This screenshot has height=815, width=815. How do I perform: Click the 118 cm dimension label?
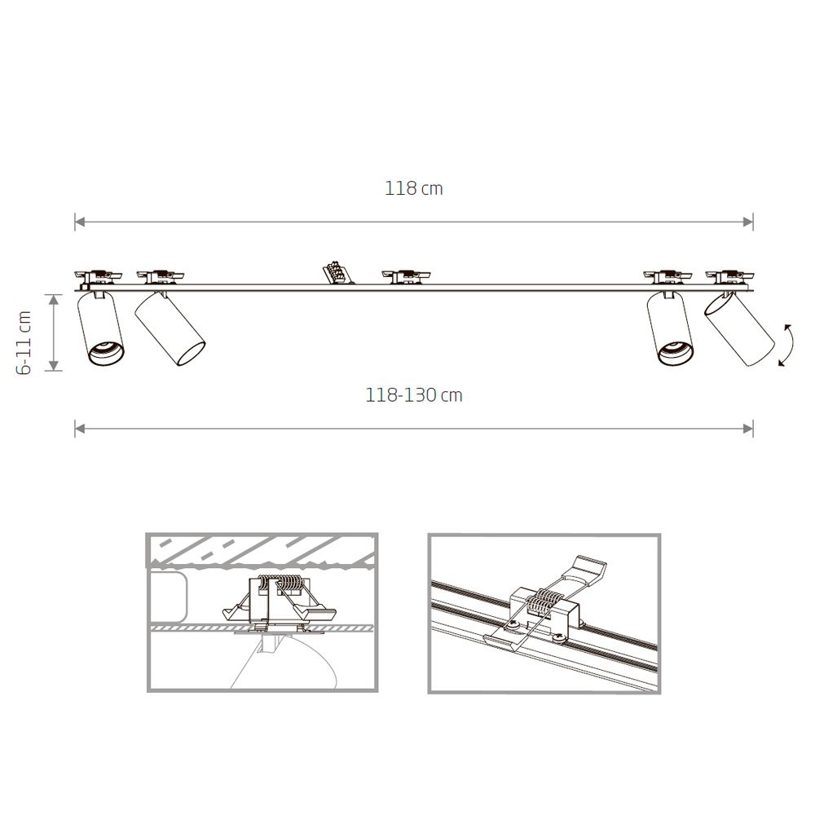pos(414,188)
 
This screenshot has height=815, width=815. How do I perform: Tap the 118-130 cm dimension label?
pos(414,395)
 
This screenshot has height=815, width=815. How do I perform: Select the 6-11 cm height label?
pos(24,342)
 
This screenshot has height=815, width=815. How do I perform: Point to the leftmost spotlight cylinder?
pos(101,329)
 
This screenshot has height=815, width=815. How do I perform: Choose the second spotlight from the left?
pos(170,328)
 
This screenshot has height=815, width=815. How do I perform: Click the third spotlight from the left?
pos(670,329)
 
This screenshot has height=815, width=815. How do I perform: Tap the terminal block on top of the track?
pos(338,272)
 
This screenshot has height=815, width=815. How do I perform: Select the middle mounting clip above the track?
pos(406,276)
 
